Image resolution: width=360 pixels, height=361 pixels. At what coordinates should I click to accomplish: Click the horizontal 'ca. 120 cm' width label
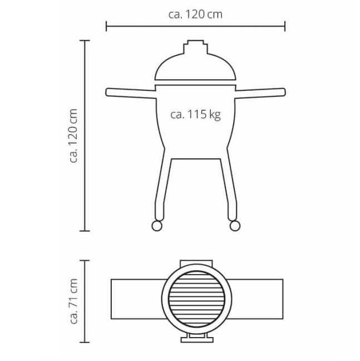195,14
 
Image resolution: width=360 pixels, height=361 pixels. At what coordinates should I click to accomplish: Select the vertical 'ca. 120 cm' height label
73,136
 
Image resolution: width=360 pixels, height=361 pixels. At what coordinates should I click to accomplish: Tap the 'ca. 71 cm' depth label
73,301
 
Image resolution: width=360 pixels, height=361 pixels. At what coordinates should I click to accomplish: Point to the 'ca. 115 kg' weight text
195,114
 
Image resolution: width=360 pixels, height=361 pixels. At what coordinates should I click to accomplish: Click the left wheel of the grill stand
157,226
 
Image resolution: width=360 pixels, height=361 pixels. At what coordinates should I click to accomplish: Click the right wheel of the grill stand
235,226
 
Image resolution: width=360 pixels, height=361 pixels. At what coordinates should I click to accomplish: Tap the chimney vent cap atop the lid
195,47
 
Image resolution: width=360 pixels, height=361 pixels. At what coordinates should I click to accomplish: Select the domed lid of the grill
195,67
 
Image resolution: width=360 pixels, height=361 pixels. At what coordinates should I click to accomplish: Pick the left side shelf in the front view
131,93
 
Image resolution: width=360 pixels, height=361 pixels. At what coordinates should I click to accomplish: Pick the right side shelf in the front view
260,93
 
